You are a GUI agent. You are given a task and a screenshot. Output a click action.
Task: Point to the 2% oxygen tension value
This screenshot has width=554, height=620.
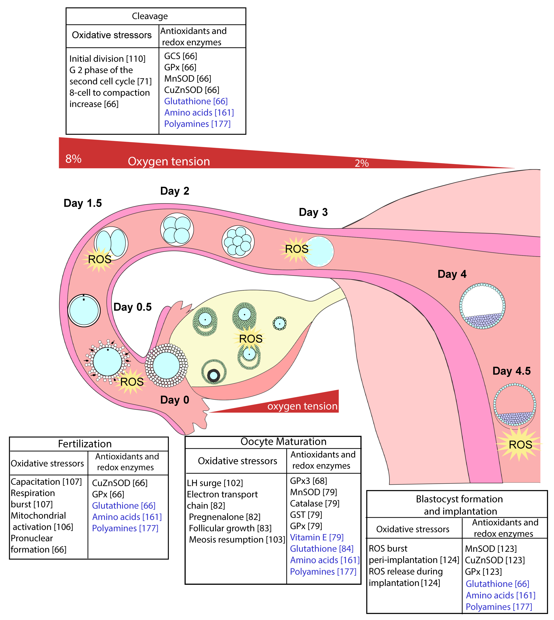coord(362,164)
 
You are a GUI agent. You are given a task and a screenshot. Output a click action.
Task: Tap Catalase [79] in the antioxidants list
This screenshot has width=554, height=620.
coord(314,503)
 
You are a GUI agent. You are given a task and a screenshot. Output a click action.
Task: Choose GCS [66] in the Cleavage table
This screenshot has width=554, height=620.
coord(180,56)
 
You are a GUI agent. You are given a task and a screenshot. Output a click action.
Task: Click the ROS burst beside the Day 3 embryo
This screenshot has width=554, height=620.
coord(296,249)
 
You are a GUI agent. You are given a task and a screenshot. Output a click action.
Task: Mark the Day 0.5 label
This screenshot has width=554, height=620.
coord(132,307)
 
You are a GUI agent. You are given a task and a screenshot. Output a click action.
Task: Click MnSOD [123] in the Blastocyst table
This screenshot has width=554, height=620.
coord(491,549)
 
